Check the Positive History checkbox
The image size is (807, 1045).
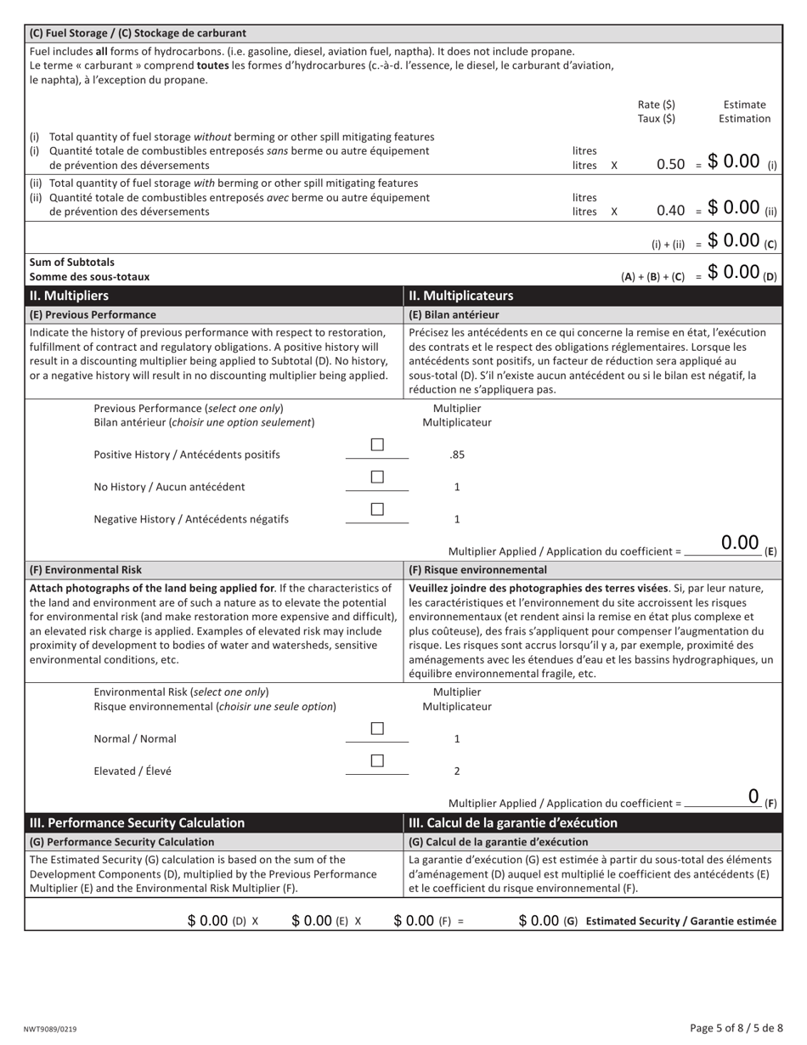tap(377, 445)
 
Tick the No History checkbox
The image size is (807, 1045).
tap(377, 477)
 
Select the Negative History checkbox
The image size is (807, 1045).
tap(377, 510)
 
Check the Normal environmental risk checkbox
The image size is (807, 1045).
tap(377, 729)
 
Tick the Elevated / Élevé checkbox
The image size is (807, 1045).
tap(377, 761)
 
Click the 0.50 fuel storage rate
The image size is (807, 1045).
tap(670, 164)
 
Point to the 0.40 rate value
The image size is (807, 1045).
tap(670, 211)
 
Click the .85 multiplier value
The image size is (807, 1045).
tap(457, 455)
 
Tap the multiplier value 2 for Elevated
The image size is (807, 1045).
tap(457, 771)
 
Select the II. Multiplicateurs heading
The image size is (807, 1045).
tap(461, 296)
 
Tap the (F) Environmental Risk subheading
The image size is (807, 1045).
tap(86, 570)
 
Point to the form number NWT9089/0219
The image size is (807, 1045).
tap(50, 1029)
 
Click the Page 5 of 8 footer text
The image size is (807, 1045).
tap(736, 1028)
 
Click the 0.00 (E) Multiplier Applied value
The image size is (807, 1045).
tap(739, 543)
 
